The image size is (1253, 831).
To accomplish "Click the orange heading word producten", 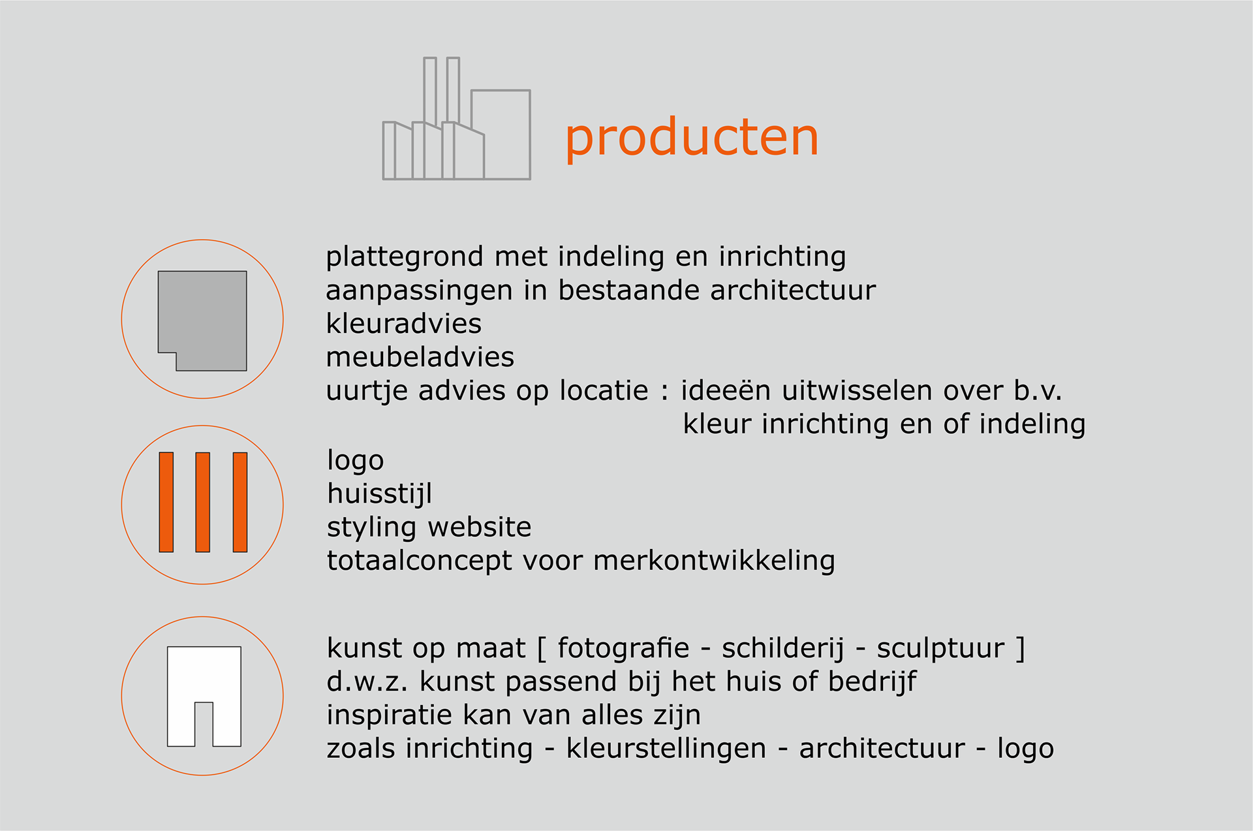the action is pyautogui.click(x=692, y=139).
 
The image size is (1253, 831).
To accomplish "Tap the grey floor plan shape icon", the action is pyautogui.click(x=202, y=321).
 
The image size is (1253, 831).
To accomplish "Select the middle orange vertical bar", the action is pyautogui.click(x=203, y=502).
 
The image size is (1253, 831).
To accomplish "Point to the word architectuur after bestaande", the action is pyautogui.click(x=793, y=290).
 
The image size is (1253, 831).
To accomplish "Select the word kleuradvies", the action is pyautogui.click(x=403, y=324).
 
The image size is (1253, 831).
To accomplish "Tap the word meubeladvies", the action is pyautogui.click(x=420, y=357).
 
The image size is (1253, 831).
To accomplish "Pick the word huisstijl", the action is pyautogui.click(x=380, y=494).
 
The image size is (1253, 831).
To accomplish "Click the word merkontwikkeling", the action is pyautogui.click(x=714, y=561).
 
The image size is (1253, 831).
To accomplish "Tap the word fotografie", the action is pyautogui.click(x=623, y=648).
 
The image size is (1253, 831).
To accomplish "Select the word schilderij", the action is pyautogui.click(x=783, y=649).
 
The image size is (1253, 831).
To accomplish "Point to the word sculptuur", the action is pyautogui.click(x=940, y=649).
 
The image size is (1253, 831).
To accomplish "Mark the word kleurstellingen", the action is pyautogui.click(x=666, y=749).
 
